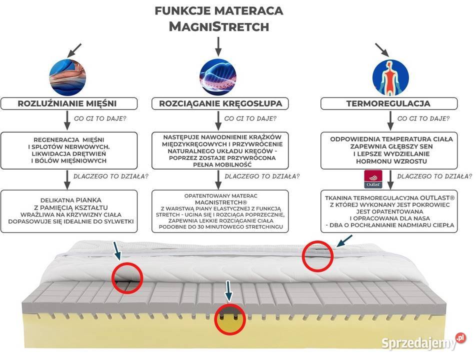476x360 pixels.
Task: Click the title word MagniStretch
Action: tap(219, 26)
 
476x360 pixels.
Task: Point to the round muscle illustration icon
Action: tap(67, 77)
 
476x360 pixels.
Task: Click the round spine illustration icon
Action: tap(218, 77)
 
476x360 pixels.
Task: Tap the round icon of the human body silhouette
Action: tap(390, 77)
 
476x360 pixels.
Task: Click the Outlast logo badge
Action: tap(373, 179)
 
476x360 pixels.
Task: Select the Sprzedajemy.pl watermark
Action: tap(423, 342)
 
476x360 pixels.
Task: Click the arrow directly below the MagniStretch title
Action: tap(218, 46)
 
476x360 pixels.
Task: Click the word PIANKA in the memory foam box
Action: tap(88, 200)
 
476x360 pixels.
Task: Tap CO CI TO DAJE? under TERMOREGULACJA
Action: tap(423, 118)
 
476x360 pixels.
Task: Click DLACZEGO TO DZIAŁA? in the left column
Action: tap(111, 176)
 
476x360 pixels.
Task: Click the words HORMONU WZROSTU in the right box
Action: tap(391, 161)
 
